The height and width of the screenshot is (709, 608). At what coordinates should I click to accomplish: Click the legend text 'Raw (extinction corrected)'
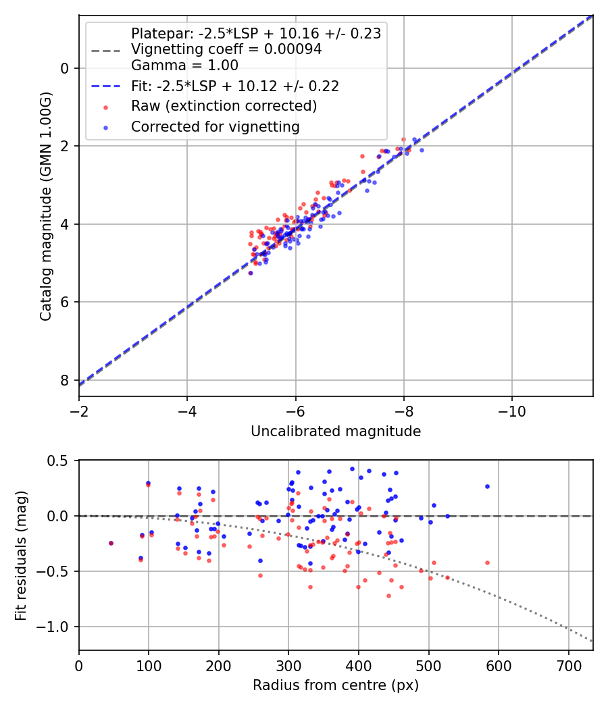point(224,106)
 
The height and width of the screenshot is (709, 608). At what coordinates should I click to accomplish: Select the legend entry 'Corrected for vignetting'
point(215,126)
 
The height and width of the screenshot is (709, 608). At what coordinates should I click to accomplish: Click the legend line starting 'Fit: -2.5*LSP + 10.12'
point(234,86)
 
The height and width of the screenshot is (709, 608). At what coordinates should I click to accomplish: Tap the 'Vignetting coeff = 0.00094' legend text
point(226,49)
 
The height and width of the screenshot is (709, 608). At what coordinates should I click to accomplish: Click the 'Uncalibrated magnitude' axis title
point(336,431)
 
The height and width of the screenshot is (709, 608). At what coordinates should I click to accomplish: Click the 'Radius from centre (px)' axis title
point(336,685)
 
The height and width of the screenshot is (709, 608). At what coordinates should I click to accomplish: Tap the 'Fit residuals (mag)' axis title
point(21,556)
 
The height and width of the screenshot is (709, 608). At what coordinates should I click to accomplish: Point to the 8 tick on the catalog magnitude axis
point(65,380)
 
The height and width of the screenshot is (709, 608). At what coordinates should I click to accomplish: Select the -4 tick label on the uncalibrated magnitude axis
point(187,412)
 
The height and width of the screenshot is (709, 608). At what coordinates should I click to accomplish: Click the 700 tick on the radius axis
point(568,666)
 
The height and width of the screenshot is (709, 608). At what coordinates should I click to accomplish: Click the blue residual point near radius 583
point(487,486)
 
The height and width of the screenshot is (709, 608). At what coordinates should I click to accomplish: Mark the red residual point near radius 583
point(487,562)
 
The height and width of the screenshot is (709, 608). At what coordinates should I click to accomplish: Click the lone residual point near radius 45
point(111,543)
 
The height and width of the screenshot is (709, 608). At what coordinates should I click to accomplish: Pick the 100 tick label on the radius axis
point(149,666)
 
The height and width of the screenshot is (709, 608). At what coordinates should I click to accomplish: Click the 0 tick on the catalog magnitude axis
point(65,68)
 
